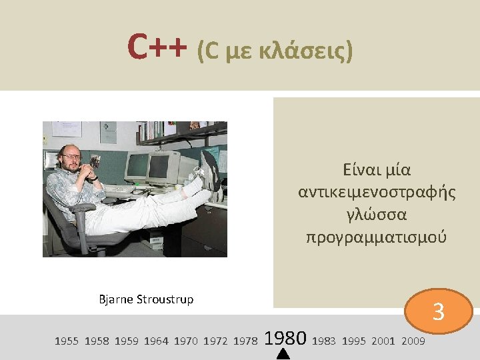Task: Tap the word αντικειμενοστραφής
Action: point(377,192)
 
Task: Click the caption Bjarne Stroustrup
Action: point(146,299)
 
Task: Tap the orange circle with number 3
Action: point(438,311)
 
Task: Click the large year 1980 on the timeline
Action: point(285,339)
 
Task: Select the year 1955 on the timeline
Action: point(66,341)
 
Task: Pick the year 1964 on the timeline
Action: point(156,341)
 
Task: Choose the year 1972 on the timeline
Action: point(215,341)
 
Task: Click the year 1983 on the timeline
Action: point(324,341)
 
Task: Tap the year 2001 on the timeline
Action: point(383,341)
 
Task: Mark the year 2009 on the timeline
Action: point(413,341)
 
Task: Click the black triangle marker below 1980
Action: point(283,354)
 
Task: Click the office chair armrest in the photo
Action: point(81,209)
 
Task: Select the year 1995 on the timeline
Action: point(354,341)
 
